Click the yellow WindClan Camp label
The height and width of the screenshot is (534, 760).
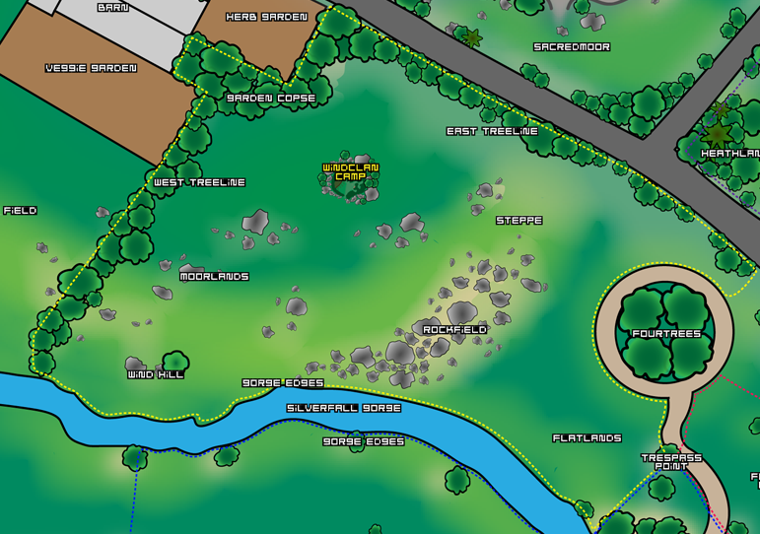(351, 172)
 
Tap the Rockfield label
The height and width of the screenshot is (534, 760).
(454, 329)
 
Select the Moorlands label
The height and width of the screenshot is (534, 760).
(214, 277)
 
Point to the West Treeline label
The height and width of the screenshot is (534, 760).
(199, 182)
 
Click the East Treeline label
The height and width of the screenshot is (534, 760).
(492, 131)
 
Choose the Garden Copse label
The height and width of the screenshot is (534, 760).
(271, 99)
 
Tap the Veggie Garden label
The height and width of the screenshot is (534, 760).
(91, 68)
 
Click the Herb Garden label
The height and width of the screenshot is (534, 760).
(266, 17)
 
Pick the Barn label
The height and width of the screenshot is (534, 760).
(112, 7)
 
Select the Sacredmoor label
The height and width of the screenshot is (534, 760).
(572, 46)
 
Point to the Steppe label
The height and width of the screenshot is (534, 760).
(519, 221)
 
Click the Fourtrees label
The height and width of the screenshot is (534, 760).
(666, 334)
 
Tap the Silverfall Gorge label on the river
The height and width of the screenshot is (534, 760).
(344, 408)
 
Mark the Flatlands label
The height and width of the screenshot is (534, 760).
(587, 437)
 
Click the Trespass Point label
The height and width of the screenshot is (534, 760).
(671, 461)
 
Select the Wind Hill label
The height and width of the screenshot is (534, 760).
(156, 374)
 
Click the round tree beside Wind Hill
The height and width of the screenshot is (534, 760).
(175, 361)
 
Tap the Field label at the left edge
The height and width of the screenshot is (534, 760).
(20, 211)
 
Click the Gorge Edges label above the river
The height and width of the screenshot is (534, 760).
(283, 382)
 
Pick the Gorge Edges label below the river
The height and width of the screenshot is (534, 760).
(364, 441)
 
